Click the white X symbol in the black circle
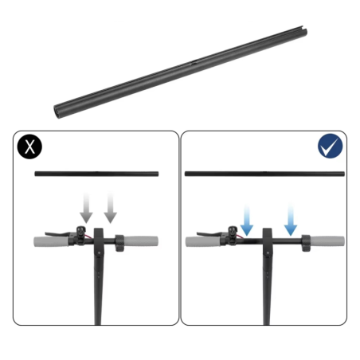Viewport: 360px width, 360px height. tap(30, 147)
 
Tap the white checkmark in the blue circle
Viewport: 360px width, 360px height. tap(329, 147)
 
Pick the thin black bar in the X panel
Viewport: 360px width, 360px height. tap(97, 173)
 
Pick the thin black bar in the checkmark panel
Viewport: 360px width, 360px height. tap(264, 173)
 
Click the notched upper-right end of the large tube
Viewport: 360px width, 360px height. tap(303, 33)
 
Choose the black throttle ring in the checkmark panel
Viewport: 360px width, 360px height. tap(303, 242)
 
